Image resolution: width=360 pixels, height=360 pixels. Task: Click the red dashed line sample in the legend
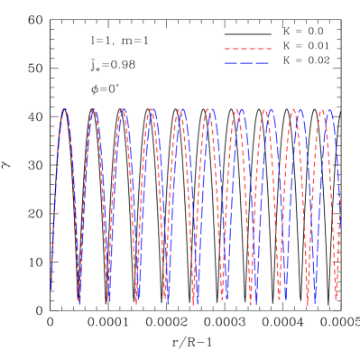click(x=247, y=49)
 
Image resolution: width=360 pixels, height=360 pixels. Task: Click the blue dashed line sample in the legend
click(x=247, y=63)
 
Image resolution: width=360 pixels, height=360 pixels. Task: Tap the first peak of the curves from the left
click(x=65, y=109)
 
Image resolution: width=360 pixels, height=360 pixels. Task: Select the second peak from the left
click(x=94, y=109)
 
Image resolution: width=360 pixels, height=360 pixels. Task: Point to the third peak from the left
click(x=123, y=109)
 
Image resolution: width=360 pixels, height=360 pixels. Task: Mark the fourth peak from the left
click(x=152, y=109)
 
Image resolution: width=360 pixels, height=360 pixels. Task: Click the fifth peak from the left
click(x=180, y=109)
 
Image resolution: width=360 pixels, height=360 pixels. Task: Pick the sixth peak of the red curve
click(x=208, y=109)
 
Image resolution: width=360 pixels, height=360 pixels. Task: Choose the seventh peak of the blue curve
click(x=241, y=109)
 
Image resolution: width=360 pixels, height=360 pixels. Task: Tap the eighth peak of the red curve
click(x=264, y=111)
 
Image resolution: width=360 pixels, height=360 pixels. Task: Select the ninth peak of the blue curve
click(x=300, y=111)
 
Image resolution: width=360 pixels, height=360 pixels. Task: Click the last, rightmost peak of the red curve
click(x=321, y=111)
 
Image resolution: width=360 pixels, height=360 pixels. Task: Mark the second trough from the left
click(x=108, y=300)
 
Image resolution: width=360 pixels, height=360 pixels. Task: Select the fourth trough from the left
click(x=167, y=300)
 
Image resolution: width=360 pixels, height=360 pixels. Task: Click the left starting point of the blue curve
click(x=51, y=289)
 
